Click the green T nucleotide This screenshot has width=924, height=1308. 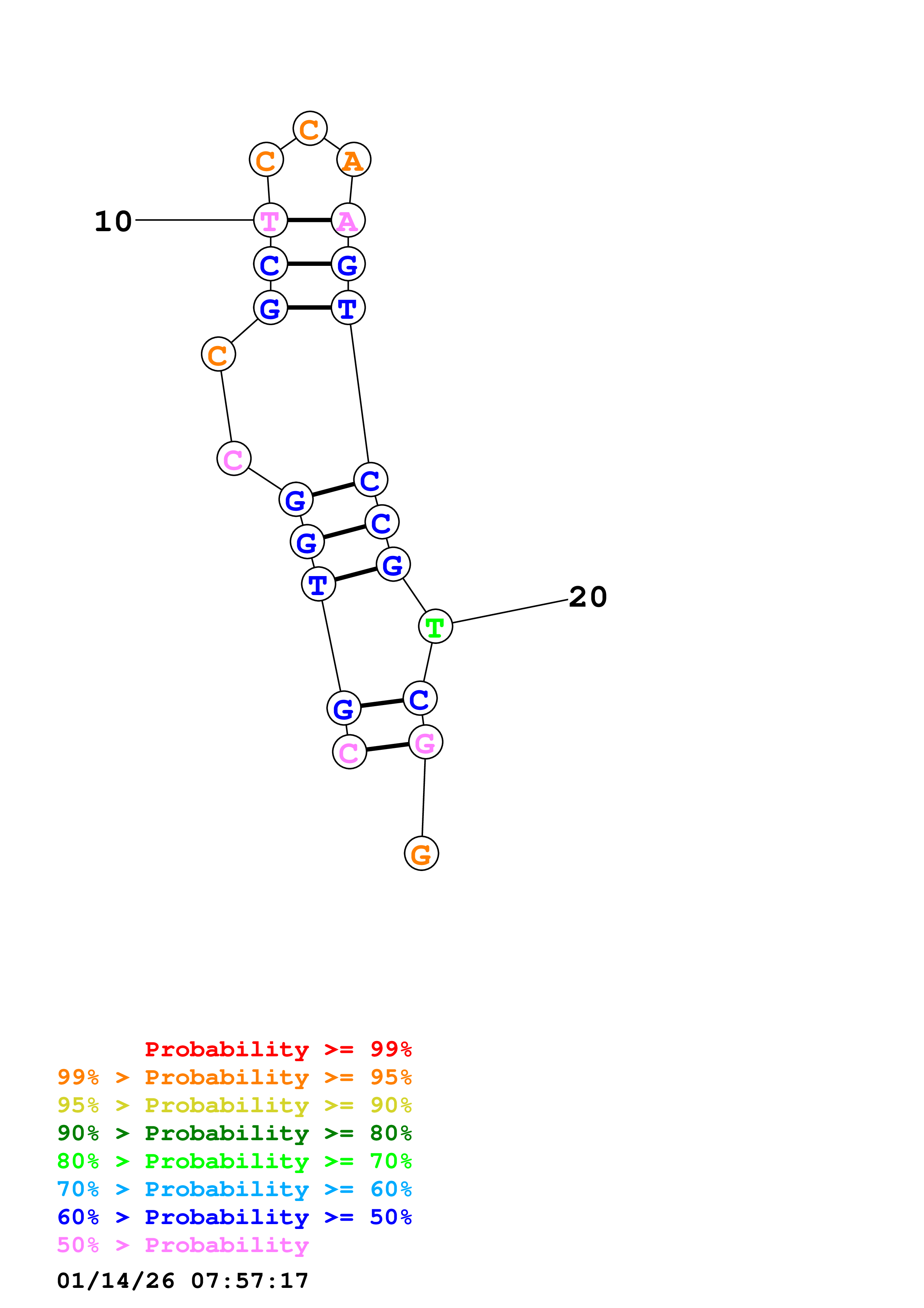[x=435, y=627]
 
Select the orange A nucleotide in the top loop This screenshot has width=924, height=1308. [x=354, y=160]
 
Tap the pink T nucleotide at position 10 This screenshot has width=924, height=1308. [x=270, y=220]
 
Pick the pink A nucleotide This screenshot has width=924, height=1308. [x=348, y=220]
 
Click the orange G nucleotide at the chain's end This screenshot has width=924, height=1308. [x=421, y=854]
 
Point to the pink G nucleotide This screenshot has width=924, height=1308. [x=425, y=742]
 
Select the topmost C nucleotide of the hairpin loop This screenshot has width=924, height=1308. [x=310, y=129]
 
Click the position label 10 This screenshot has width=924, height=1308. [x=113, y=221]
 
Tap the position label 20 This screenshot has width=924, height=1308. [x=587, y=597]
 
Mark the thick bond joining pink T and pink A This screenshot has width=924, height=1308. [x=309, y=220]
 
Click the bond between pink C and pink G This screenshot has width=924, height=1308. [x=388, y=747]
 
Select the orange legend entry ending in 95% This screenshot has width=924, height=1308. [x=234, y=1077]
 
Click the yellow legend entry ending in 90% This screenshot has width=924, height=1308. [x=234, y=1105]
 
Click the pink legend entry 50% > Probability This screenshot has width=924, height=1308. [x=183, y=1245]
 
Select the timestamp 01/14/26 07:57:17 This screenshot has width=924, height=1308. [x=183, y=1280]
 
